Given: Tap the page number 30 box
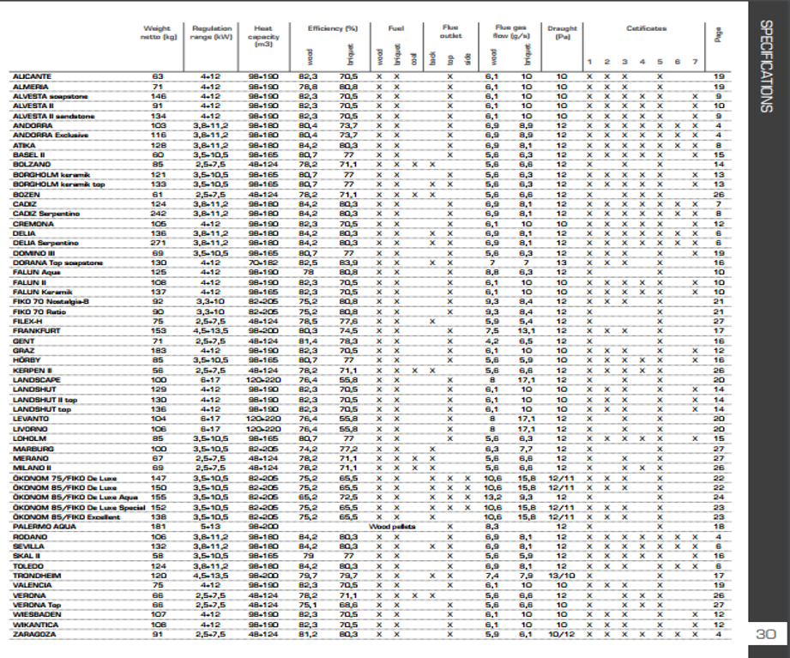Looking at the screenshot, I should coord(766,636).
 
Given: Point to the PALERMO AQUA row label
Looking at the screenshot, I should coord(43,526).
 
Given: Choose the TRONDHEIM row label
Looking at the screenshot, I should coord(37,576).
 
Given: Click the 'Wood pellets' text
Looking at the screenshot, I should coord(391,526).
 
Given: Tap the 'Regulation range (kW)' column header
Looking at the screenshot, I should coord(212,33).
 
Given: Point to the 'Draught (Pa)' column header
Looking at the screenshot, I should coord(562,33).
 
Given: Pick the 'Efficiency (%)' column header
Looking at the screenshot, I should coord(326,28).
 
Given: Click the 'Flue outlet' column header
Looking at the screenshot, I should coord(450,33).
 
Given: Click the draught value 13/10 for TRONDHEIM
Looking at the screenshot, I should coord(562,576).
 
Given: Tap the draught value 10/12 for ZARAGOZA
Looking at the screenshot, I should coord(562,635).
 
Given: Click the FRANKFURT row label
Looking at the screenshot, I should coord(35,330).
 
